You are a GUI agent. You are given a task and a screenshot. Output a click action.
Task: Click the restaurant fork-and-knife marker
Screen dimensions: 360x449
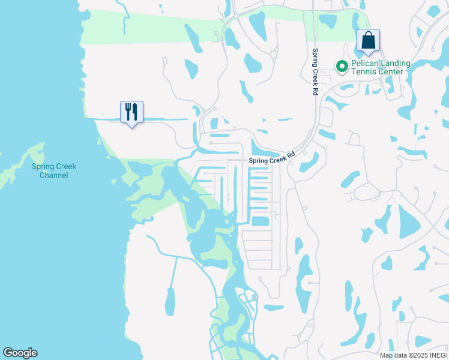[x=131, y=112]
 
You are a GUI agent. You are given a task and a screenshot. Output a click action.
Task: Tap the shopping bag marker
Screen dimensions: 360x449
[x=368, y=41]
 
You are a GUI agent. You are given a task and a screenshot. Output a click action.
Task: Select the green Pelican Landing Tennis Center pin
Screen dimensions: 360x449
[x=342, y=66]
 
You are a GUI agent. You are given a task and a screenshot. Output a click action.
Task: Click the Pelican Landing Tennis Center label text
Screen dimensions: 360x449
[x=381, y=67]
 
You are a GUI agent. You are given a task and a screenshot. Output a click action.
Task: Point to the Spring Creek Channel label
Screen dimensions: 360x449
[x=50, y=171]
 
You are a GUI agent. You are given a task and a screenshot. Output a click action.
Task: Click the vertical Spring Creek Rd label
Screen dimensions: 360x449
[x=315, y=72]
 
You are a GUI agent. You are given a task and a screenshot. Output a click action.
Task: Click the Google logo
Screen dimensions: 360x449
[x=20, y=353]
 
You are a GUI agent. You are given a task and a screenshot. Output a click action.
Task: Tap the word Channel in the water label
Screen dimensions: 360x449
[x=50, y=175]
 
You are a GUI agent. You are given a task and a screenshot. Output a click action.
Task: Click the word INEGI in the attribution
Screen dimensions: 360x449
[x=436, y=355]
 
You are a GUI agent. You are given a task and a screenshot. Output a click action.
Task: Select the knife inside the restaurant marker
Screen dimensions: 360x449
[x=135, y=112]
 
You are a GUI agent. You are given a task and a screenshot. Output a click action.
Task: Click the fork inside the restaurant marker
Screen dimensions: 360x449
[x=128, y=112]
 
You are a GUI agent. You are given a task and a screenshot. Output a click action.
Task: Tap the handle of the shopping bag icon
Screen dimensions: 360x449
[x=368, y=35]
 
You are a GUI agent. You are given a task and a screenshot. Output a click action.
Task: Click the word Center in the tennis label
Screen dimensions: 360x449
[x=390, y=71]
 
